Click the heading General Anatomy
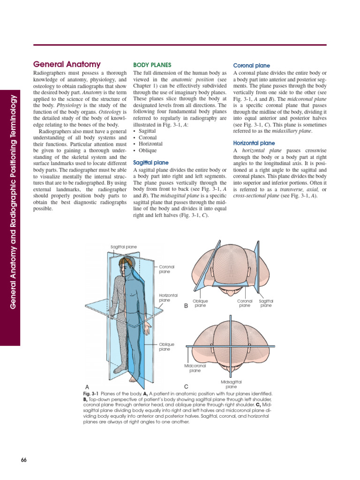tap(67, 65)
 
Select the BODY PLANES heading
tap(152, 65)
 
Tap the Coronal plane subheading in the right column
tap(252, 66)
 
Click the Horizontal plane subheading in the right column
tap(254, 143)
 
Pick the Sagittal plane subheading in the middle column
tap(151, 162)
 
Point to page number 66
tap(24, 459)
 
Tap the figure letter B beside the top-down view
tap(186, 305)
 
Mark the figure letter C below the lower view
tap(186, 386)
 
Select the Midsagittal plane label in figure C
tap(231, 384)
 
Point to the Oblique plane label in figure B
tap(200, 303)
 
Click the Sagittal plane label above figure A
tap(124, 247)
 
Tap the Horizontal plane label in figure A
tap(169, 297)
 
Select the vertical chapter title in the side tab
tap(13, 201)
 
